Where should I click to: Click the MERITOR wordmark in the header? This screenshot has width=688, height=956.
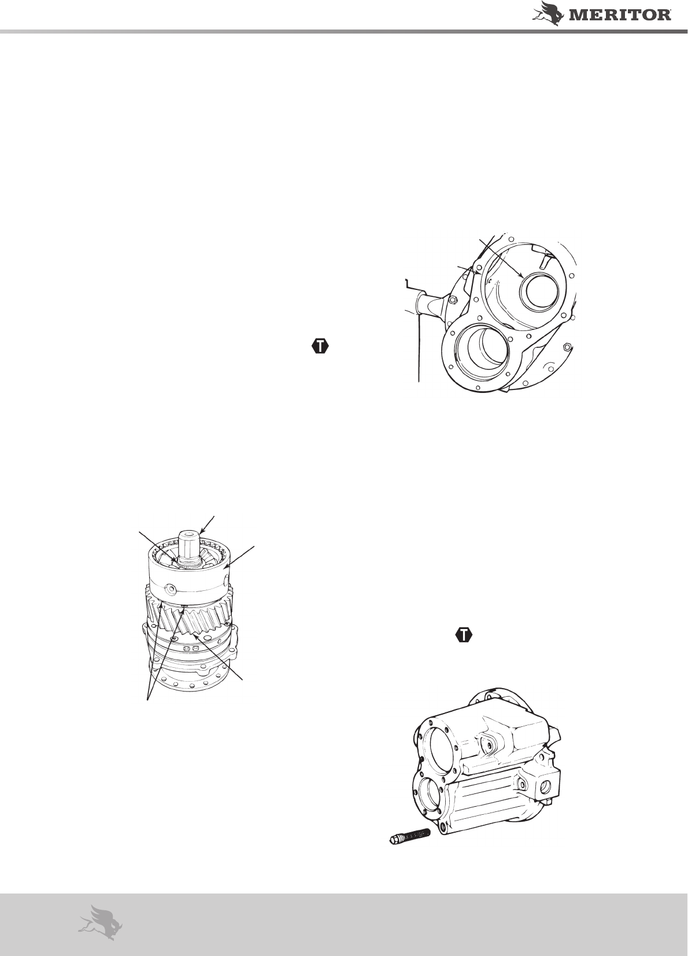click(x=620, y=15)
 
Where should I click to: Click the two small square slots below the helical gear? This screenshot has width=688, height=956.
click(x=191, y=648)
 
